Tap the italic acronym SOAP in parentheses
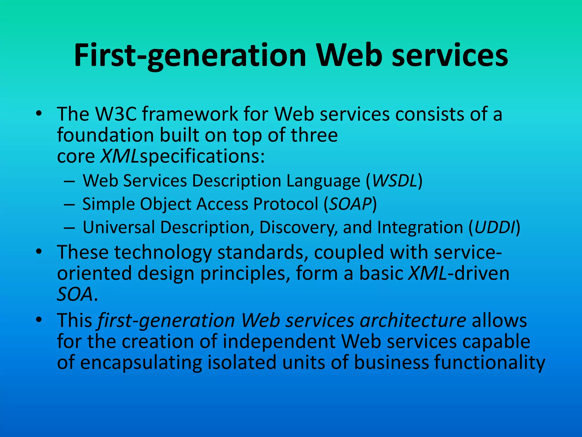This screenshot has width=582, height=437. pos(350,204)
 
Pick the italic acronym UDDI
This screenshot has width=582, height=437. pos(494,227)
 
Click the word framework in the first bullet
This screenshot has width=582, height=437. pos(190,114)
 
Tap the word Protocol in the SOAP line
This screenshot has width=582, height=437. pos(286,204)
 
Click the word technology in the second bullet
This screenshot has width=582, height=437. pos(163,253)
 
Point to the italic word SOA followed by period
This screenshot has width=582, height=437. pos(75,294)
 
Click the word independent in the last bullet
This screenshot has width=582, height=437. pos(279,341)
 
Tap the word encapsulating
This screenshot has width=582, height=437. pos(141,362)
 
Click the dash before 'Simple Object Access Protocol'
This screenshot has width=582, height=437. pos(69,204)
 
